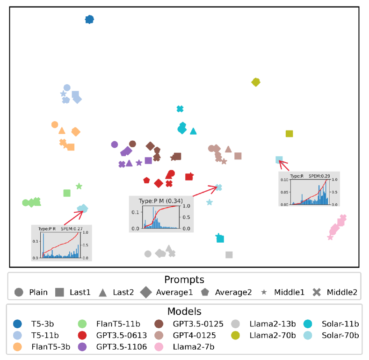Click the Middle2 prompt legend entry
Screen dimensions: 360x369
pos(336,292)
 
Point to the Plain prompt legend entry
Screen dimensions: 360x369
pos(32,292)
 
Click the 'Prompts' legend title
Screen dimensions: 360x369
pos(184,280)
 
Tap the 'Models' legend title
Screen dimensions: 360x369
pos(184,311)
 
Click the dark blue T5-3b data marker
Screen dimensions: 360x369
pos(90,19)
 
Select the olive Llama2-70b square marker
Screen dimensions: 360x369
pos(289,134)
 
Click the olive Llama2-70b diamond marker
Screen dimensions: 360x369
pos(256,82)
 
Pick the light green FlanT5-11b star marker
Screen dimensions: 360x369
pos(79,186)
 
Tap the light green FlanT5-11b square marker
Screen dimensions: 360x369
pos(67,193)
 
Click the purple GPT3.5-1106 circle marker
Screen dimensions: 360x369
pos(114,144)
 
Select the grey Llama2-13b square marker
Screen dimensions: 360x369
pos(229,255)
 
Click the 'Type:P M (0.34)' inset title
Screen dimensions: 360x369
pos(161,201)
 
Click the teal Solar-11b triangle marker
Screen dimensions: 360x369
pos(193,131)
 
